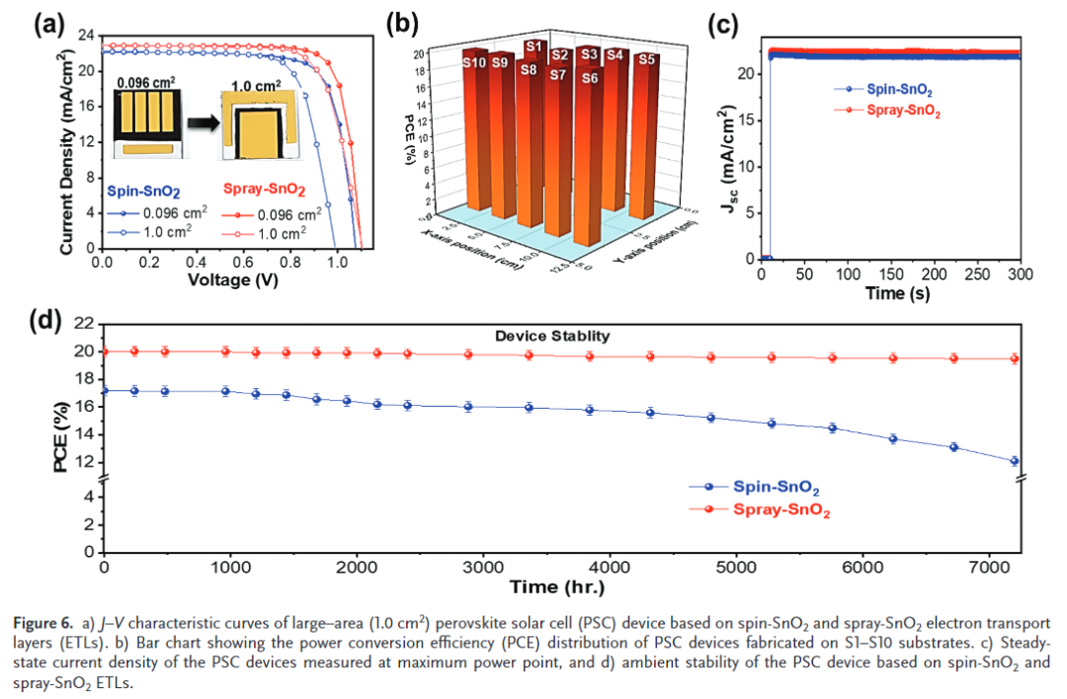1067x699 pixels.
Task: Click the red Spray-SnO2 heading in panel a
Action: [x=264, y=190]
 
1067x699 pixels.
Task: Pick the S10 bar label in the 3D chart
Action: [x=473, y=62]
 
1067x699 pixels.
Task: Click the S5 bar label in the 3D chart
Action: [x=646, y=60]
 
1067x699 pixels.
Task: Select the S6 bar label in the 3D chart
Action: [x=590, y=78]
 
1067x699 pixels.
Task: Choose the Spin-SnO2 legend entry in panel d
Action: [x=776, y=487]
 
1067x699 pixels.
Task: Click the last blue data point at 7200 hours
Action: [x=1015, y=461]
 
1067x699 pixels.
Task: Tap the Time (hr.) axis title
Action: [x=560, y=587]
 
